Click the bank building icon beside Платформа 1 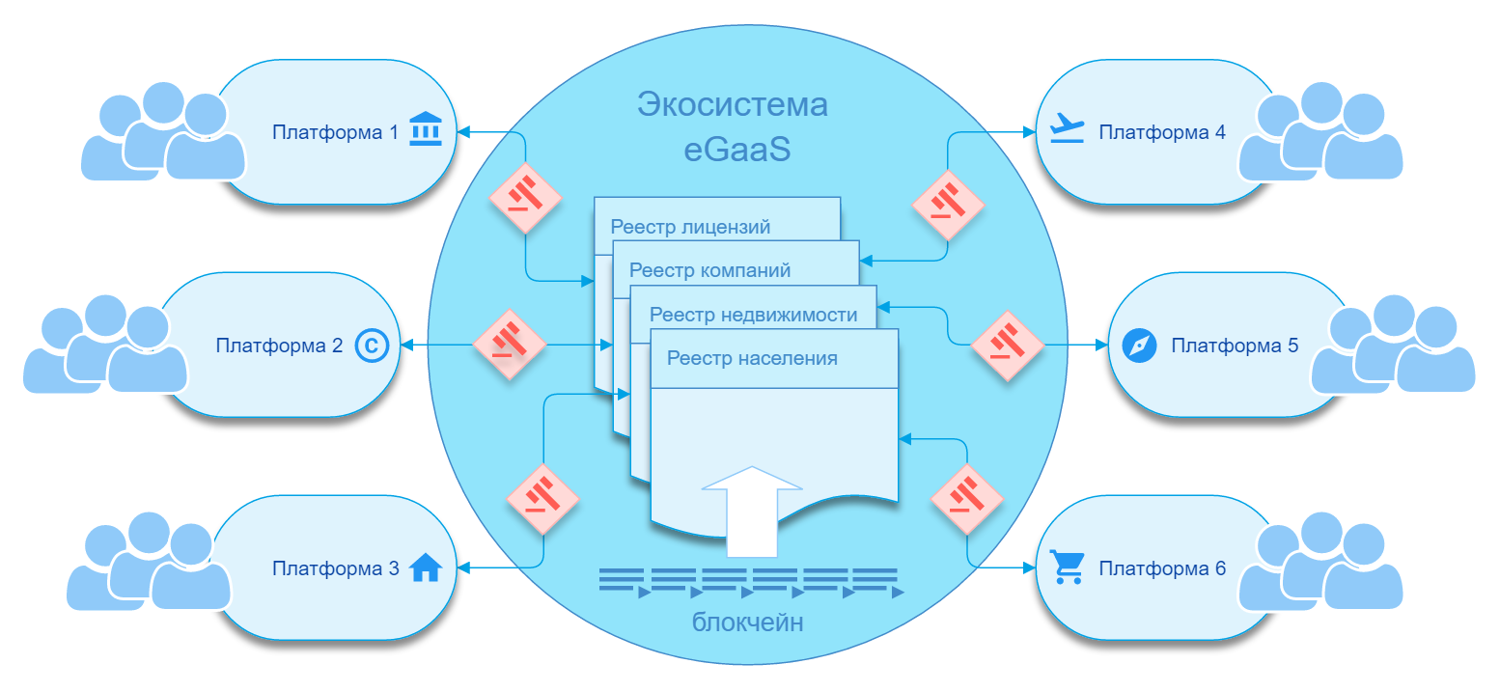click(426, 128)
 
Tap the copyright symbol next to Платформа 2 click(372, 346)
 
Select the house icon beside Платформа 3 click(426, 567)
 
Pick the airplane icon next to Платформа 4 click(1067, 127)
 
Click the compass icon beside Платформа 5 click(1140, 346)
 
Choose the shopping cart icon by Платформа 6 click(1067, 567)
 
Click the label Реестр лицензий click(690, 227)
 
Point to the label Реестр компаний click(709, 270)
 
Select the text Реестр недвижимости click(753, 315)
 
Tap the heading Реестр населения click(752, 359)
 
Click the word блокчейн click(747, 623)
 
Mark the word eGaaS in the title click(736, 150)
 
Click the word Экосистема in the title click(733, 104)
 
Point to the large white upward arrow click(752, 512)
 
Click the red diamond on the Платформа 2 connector click(510, 345)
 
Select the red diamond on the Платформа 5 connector click(1008, 346)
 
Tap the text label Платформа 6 click(1162, 568)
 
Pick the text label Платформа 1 click(335, 132)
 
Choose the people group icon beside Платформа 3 click(149, 562)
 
